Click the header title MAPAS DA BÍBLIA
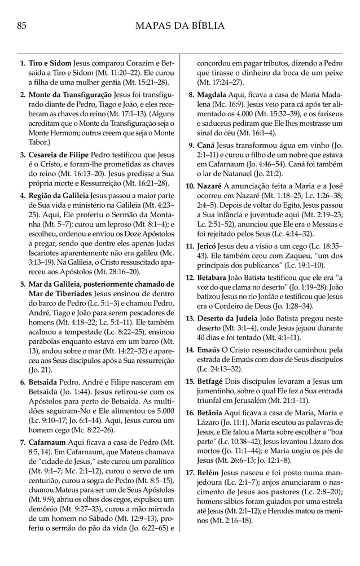coord(180,25)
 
